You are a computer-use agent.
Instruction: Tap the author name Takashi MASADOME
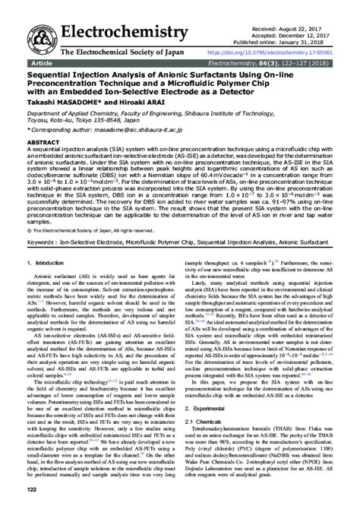point(58,103)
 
